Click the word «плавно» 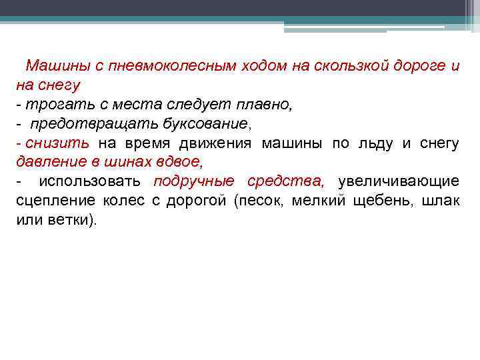(263, 105)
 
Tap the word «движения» (217, 143)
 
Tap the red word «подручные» (194, 181)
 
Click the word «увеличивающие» (398, 181)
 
